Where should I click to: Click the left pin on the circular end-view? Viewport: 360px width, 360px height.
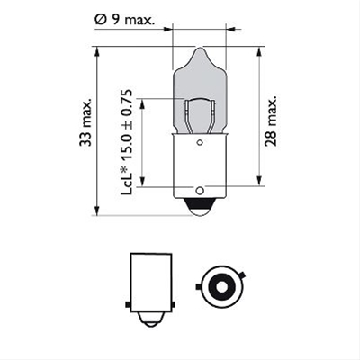(x=200, y=288)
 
